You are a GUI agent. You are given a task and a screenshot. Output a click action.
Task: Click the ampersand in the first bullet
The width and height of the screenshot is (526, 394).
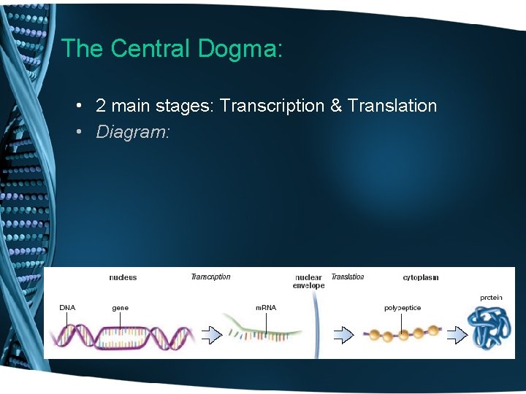335,106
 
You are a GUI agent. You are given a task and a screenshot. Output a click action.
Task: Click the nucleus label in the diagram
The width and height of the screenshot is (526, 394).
123,277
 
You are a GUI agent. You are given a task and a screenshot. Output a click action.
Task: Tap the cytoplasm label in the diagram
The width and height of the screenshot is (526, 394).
420,277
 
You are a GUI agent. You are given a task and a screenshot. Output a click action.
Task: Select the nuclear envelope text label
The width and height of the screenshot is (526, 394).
308,282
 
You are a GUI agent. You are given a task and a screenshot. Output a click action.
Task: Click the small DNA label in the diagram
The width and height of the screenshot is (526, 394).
67,307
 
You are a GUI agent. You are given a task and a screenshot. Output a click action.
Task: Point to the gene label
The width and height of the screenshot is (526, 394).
120,307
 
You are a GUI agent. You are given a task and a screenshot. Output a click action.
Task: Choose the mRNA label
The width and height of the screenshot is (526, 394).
265,307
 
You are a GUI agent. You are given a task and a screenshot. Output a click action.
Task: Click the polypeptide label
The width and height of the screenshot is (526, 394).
403,307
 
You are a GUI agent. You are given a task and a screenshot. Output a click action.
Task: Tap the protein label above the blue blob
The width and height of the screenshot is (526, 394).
491,297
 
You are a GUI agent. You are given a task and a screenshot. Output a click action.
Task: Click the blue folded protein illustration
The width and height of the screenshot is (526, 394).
491,326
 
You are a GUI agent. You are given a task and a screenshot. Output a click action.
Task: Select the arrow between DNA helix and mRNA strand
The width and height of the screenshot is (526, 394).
210,335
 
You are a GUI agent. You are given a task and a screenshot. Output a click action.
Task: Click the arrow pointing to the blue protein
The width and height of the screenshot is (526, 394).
457,335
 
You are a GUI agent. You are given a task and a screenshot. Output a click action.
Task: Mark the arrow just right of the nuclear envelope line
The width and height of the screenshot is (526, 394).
343,335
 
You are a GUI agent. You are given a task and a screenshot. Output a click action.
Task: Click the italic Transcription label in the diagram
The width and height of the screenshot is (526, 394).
210,277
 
